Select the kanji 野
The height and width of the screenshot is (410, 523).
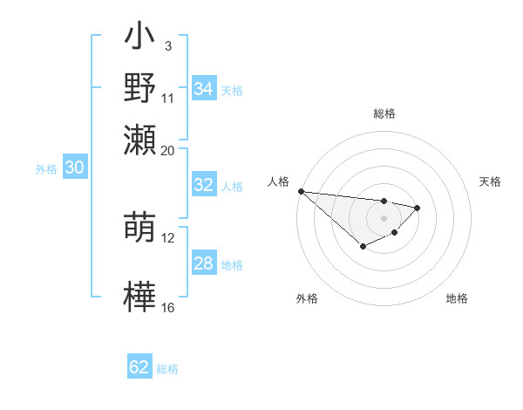(x=139, y=88)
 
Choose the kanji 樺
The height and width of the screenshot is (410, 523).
(x=139, y=295)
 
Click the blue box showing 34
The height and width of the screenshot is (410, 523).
(x=204, y=89)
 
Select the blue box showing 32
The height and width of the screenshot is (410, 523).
(x=204, y=185)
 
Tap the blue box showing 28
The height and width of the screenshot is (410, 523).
(x=204, y=263)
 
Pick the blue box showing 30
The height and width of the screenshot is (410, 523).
(x=74, y=168)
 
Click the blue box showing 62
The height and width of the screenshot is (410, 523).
(x=139, y=367)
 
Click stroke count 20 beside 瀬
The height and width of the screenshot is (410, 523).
(x=167, y=150)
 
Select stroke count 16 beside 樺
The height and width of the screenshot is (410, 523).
(x=168, y=307)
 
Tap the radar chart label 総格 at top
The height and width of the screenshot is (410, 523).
(x=384, y=113)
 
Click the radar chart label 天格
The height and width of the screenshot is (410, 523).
(x=490, y=181)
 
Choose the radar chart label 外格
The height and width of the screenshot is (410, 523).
(x=307, y=299)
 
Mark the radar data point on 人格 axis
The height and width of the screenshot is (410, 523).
(x=301, y=191)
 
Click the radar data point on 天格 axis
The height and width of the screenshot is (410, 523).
(x=418, y=208)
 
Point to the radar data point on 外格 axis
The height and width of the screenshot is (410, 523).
(x=363, y=247)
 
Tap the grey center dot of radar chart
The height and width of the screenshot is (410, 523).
(x=384, y=218)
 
